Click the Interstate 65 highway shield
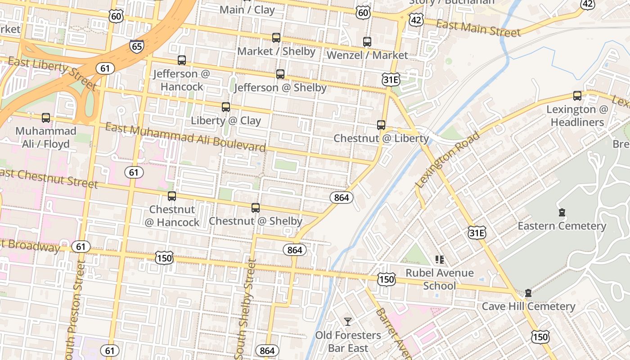[x=136, y=45]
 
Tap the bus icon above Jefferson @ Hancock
[x=182, y=60]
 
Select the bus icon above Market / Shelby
[x=276, y=38]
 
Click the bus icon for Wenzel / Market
[x=367, y=42]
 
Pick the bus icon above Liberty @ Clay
[x=226, y=107]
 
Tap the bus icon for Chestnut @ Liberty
[x=381, y=125]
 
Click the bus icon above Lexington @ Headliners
[x=577, y=96]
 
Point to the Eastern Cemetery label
[x=562, y=226]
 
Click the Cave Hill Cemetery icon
[x=528, y=293]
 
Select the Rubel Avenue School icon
[x=440, y=259]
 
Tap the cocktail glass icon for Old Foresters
[x=348, y=321]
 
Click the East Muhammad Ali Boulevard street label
[x=185, y=137]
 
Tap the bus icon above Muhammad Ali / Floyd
[x=46, y=118]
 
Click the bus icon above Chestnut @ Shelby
[x=256, y=208]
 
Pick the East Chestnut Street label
[x=49, y=178]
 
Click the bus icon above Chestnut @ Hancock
[x=172, y=196]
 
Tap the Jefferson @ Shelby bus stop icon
[x=280, y=74]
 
